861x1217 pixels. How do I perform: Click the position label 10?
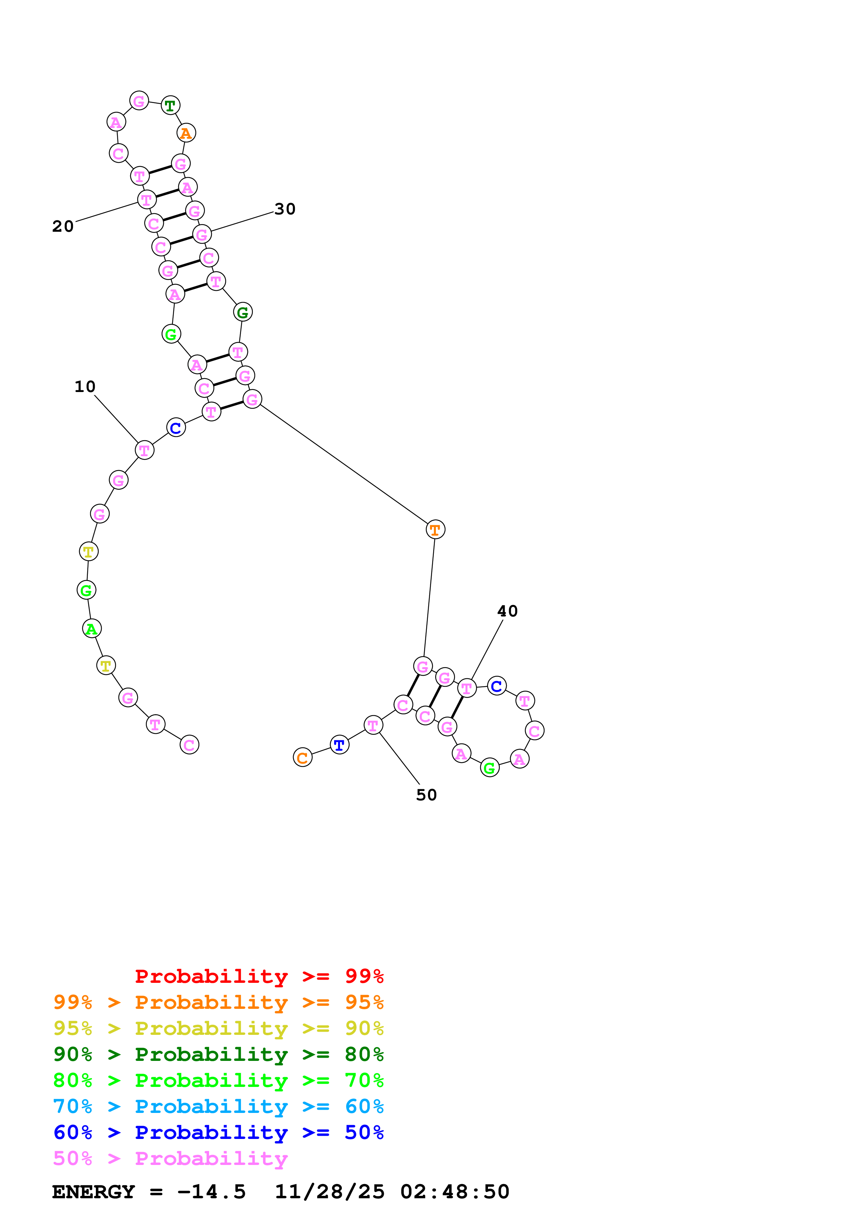(x=85, y=386)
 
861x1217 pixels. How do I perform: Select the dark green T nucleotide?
(x=170, y=105)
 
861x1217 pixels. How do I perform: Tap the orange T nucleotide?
(x=435, y=529)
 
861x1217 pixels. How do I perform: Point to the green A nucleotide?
(x=92, y=629)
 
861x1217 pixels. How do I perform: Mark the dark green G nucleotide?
(x=242, y=312)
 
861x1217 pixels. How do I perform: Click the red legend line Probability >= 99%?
(x=259, y=976)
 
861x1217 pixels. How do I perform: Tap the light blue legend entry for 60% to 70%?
(x=218, y=1106)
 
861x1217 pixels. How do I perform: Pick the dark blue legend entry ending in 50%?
(x=218, y=1132)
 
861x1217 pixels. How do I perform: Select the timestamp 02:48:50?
(x=455, y=1192)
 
